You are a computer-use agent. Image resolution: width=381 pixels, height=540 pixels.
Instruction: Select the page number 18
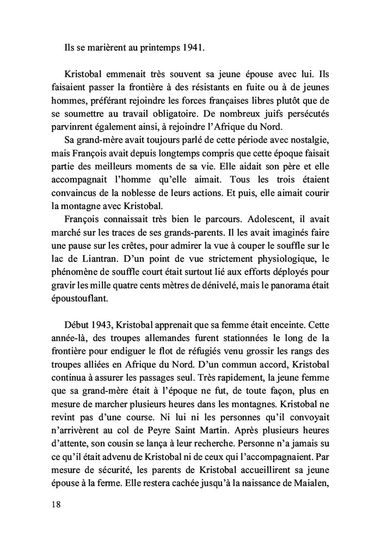pos(54,504)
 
